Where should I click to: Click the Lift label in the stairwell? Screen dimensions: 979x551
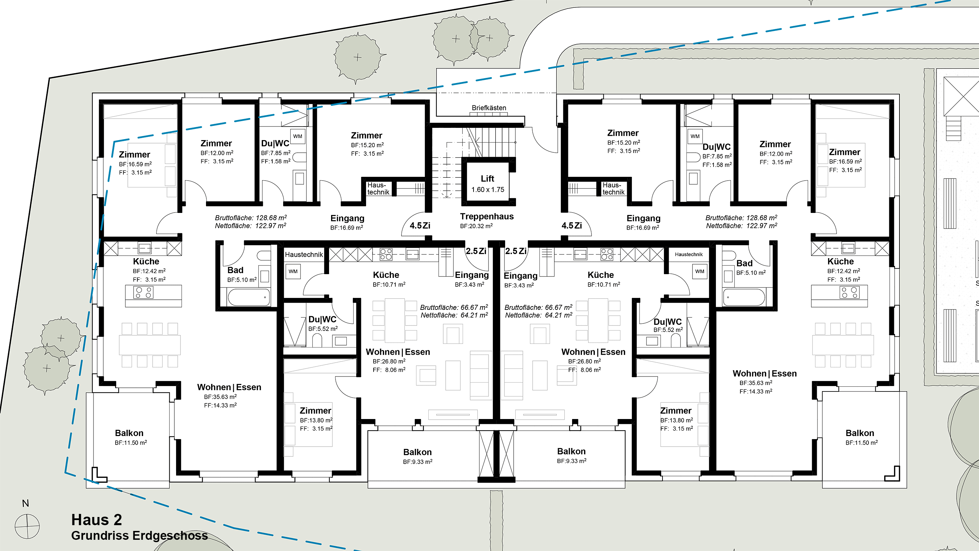tap(487, 178)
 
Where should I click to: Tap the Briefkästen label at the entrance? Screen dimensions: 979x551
tap(489, 107)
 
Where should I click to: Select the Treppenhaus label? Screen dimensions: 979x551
tap(487, 216)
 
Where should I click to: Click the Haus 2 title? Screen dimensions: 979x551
tap(97, 519)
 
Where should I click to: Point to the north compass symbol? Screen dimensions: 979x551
tap(27, 526)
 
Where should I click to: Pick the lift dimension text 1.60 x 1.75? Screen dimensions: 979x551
tap(487, 189)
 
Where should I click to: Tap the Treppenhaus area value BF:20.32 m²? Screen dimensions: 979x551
tap(476, 226)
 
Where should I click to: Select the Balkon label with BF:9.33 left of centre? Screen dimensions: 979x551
tap(417, 452)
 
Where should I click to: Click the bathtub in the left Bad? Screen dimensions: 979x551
tap(248, 297)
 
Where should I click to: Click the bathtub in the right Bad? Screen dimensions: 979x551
tap(744, 297)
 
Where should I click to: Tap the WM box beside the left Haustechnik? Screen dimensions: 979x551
tap(293, 271)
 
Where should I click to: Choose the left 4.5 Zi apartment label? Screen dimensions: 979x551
tap(420, 226)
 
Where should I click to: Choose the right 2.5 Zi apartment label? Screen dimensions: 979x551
tap(516, 251)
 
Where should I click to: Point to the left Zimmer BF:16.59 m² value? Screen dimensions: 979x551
tap(135, 164)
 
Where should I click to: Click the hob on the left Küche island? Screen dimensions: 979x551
tap(143, 293)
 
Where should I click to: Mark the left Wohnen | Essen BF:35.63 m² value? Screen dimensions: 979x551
tap(220, 397)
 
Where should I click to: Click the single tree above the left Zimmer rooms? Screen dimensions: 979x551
tap(357, 58)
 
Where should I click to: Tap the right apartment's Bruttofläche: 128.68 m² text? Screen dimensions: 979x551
tap(741, 218)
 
